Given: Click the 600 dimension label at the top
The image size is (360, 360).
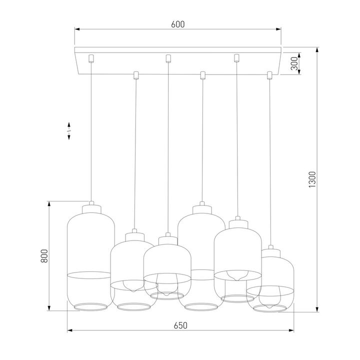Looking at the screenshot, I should click(178, 24).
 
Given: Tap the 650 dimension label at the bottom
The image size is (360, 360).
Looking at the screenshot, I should click(180, 325).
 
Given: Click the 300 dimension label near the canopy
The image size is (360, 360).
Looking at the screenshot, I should click(294, 62).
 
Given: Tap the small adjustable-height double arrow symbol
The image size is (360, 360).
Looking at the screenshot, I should click(69, 130).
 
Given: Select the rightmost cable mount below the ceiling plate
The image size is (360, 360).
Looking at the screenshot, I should click(270, 75).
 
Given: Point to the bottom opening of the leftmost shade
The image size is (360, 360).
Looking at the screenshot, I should click(88, 306).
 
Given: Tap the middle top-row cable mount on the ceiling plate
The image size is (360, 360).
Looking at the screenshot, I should click(168, 57).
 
